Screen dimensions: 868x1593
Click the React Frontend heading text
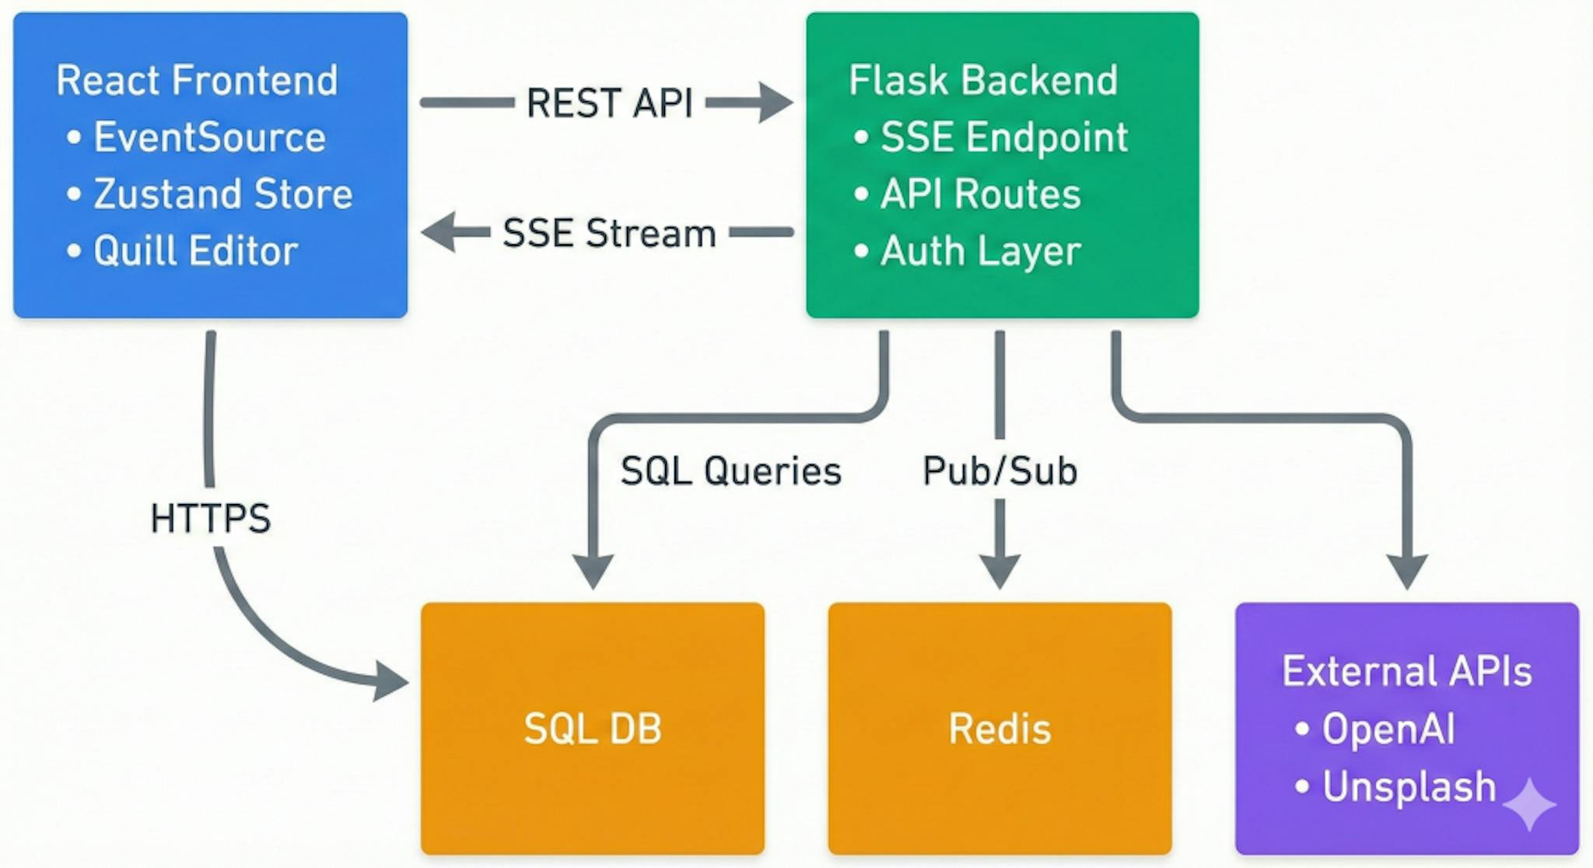(x=197, y=80)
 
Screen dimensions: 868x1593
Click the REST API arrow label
(x=609, y=103)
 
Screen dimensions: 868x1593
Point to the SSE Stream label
(x=609, y=233)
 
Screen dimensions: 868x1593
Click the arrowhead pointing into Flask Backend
(x=775, y=103)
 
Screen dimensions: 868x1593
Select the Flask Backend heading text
(x=983, y=80)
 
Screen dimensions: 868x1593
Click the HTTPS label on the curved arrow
(x=210, y=518)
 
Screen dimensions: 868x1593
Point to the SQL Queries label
(x=730, y=471)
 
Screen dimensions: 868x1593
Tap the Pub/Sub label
(x=1000, y=471)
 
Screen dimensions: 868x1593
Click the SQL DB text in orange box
(x=593, y=729)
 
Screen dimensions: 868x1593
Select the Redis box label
(x=1000, y=729)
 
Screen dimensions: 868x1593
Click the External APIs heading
(x=1406, y=671)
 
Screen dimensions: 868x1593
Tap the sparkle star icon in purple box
(x=1528, y=804)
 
